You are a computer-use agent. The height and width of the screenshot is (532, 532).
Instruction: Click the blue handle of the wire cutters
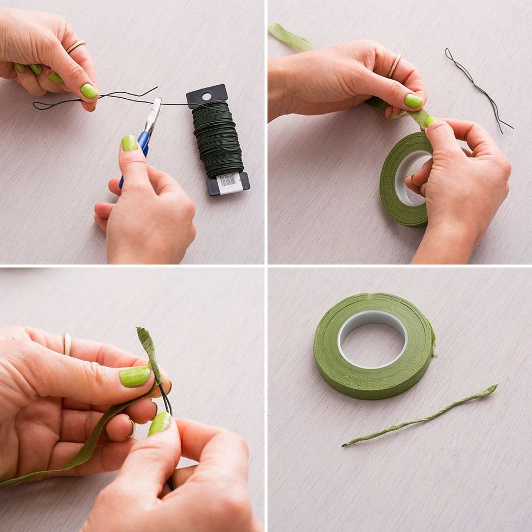click(x=142, y=144)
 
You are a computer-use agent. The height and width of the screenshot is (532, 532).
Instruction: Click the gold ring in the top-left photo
click(x=75, y=46)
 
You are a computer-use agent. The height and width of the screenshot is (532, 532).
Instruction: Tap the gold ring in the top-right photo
click(x=395, y=65)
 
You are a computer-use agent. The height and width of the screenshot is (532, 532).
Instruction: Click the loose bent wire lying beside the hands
click(x=478, y=89)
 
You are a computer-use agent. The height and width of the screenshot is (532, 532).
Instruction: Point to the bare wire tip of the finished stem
click(x=344, y=445)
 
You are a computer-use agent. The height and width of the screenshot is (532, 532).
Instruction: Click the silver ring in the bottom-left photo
click(x=67, y=344)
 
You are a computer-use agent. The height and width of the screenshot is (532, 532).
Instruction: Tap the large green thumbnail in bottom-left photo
click(x=135, y=376)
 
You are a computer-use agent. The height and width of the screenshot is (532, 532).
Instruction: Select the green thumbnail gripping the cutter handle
click(x=129, y=143)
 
